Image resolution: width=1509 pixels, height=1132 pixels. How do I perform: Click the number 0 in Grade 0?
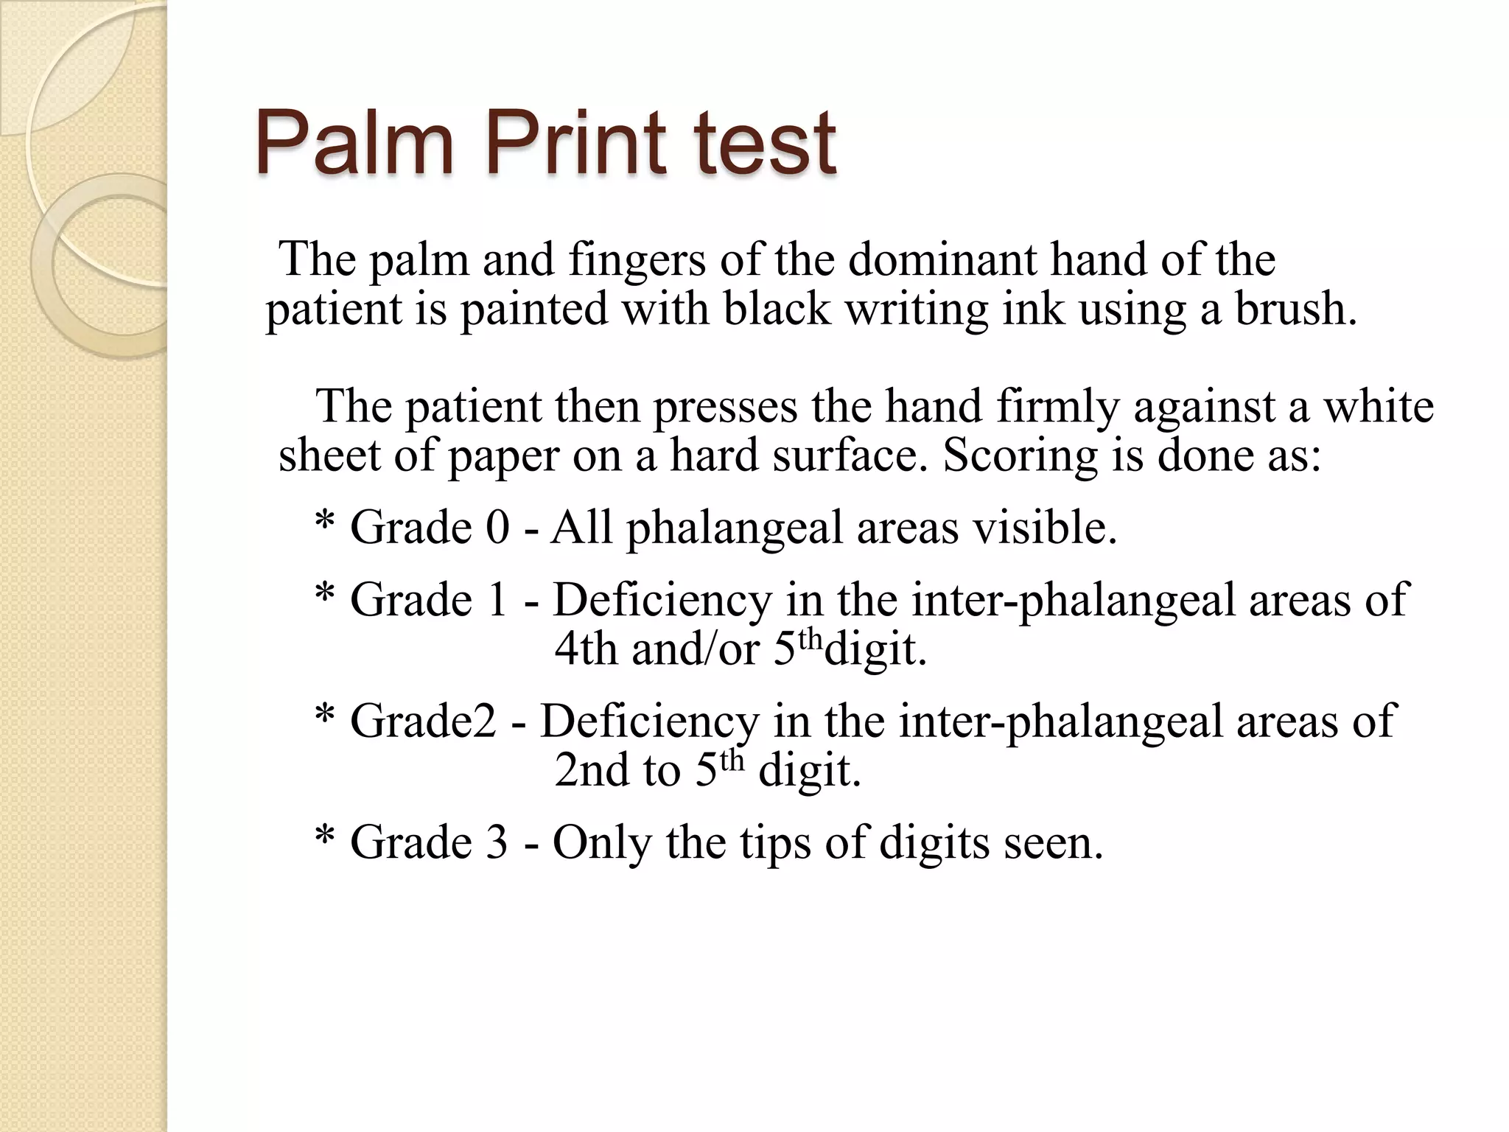tap(498, 528)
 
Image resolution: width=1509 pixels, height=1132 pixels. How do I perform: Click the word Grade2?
tap(423, 721)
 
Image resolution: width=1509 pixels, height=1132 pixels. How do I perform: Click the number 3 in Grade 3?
tap(497, 842)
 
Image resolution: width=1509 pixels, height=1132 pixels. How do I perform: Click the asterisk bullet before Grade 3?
tap(324, 839)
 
